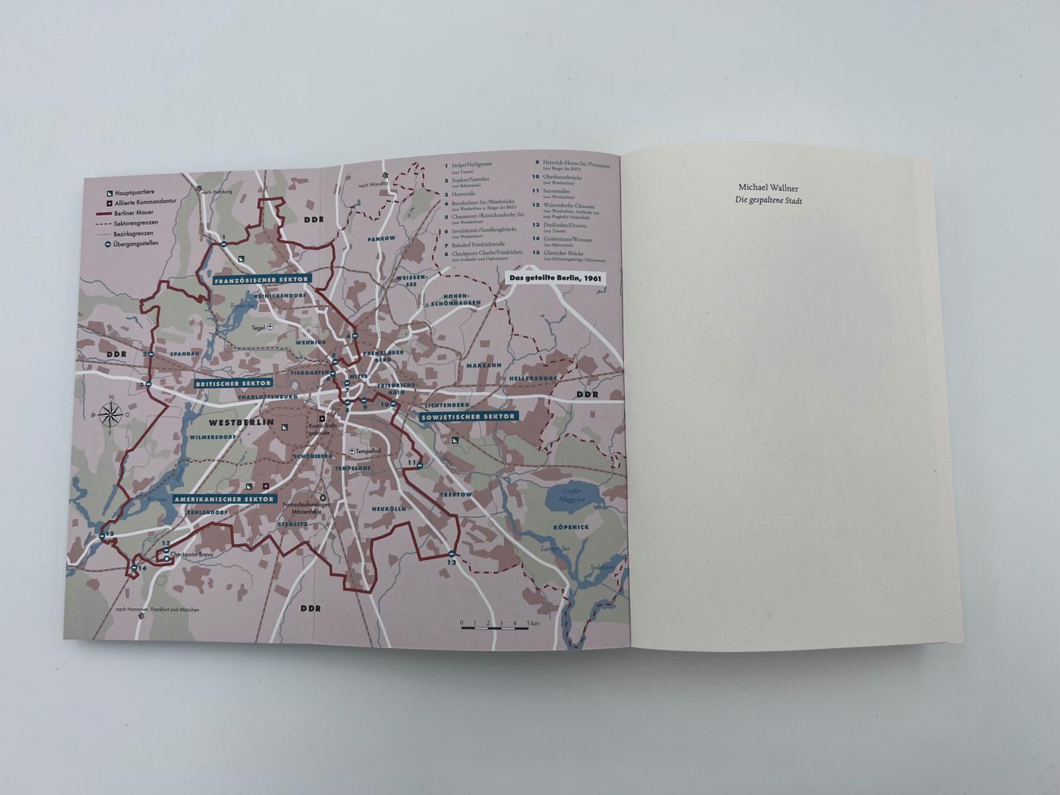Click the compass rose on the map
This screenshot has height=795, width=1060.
111,415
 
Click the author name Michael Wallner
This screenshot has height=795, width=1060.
768,188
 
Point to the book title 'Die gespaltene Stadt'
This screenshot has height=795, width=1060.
768,201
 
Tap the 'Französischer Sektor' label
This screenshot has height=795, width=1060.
263,280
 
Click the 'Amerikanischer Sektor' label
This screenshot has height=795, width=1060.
223,499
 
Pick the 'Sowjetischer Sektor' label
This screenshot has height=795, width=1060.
468,416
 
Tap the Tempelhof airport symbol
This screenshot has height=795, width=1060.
352,451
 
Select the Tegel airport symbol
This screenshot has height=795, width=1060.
270,327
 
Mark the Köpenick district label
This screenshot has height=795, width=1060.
570,527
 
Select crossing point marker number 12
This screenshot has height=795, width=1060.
451,554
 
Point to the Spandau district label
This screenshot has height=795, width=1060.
184,354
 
